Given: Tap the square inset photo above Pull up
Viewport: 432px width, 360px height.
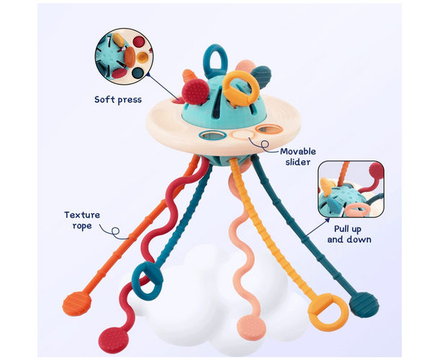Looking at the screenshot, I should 348,189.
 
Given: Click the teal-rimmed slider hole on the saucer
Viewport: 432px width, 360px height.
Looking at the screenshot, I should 211,135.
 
